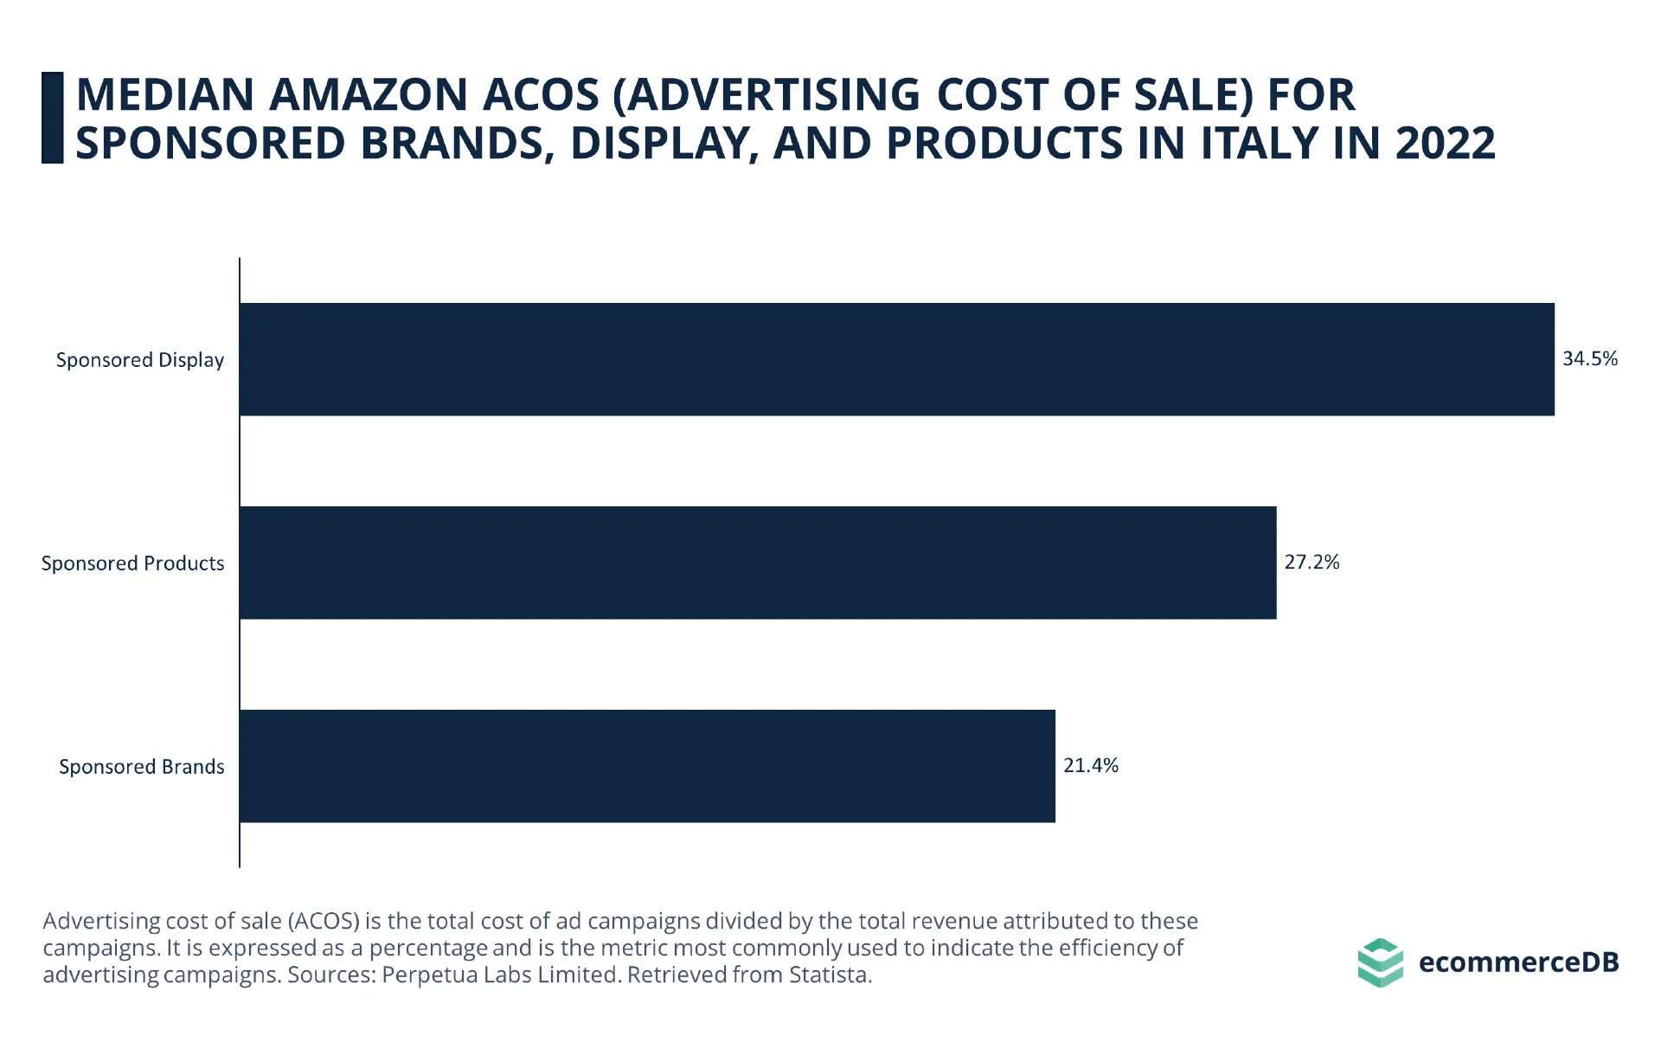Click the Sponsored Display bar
(x=897, y=359)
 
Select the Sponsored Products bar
(x=758, y=563)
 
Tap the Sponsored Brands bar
(x=647, y=766)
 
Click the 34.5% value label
(x=1590, y=358)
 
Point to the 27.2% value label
(x=1311, y=562)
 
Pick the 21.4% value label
(x=1091, y=765)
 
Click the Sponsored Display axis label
(x=140, y=360)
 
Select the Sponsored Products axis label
(x=133, y=563)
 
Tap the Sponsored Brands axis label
(x=142, y=767)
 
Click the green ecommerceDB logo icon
(x=1381, y=962)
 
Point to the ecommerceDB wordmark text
(x=1518, y=962)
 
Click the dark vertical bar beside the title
(x=53, y=118)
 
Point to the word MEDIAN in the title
(x=165, y=94)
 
